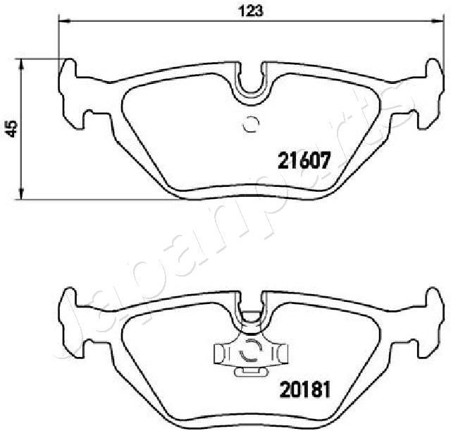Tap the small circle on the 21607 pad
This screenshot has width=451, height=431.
251,124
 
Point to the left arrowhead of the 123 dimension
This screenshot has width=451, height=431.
61,22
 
